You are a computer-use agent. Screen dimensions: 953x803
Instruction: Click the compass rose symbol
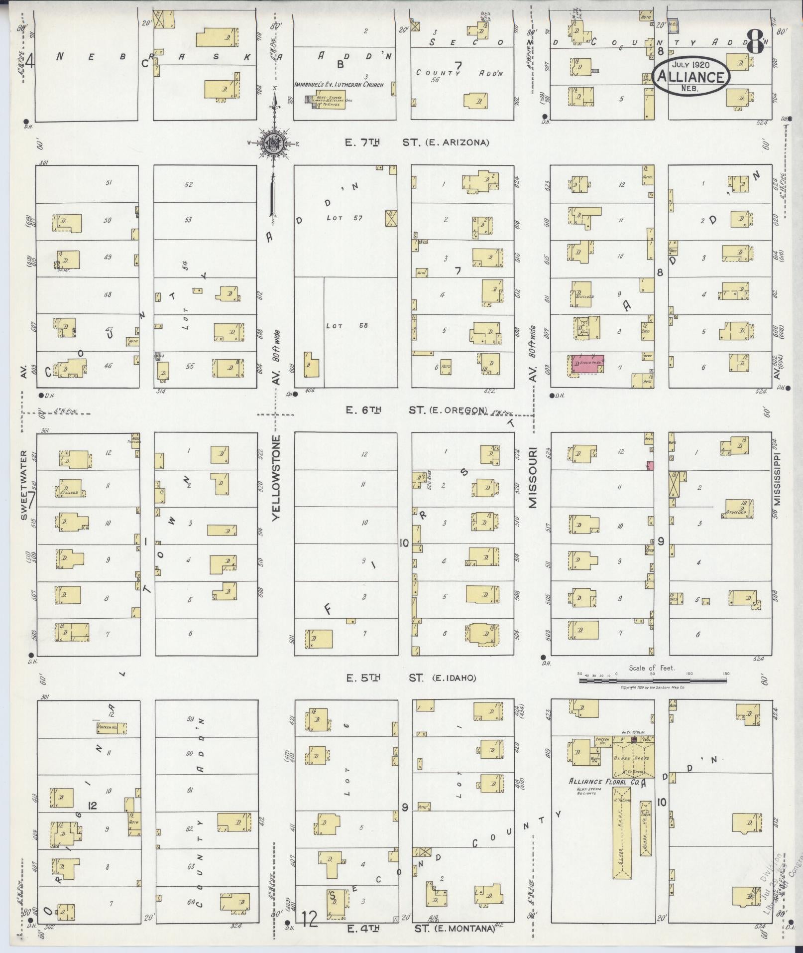tap(273, 143)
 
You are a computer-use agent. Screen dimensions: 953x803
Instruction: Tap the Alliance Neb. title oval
tap(691, 76)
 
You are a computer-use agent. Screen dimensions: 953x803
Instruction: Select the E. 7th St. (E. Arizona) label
tap(417, 142)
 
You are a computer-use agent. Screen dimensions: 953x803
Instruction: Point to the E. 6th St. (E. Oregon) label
tap(416, 410)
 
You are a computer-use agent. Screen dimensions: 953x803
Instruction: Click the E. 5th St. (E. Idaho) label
tap(411, 678)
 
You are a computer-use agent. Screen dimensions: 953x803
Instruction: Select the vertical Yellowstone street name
tap(277, 478)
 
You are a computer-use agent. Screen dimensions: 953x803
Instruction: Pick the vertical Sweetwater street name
tap(23, 486)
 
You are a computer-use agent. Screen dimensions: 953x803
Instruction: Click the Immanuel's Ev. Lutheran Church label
tap(339, 85)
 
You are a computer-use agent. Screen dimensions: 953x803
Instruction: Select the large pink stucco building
tap(587, 364)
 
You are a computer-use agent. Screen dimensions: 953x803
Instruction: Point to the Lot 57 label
tap(338, 218)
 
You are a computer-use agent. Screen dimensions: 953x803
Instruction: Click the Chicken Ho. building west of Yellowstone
tap(111, 728)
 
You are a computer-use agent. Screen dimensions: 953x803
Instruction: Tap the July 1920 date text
tap(691, 65)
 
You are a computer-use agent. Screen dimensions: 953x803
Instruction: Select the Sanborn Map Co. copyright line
tap(653, 687)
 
